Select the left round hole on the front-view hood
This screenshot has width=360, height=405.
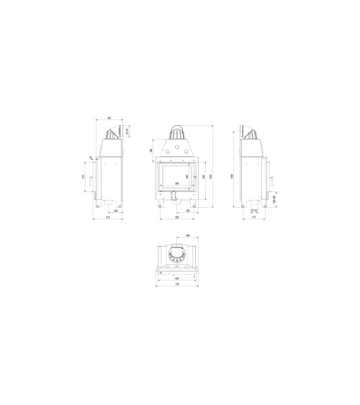(166, 152)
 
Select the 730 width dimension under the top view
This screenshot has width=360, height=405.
(177, 283)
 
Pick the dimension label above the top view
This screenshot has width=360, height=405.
(187, 235)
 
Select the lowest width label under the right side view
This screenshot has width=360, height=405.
(254, 219)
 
